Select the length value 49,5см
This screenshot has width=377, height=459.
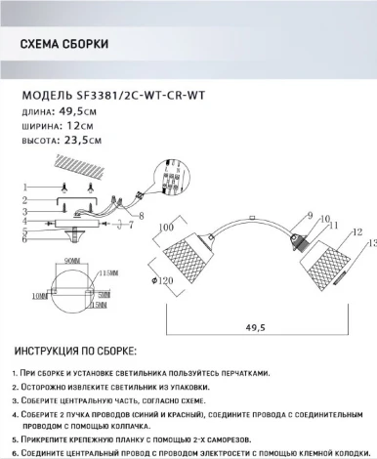pyautogui.click(x=78, y=114)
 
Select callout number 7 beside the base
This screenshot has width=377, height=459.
pyautogui.click(x=128, y=226)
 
